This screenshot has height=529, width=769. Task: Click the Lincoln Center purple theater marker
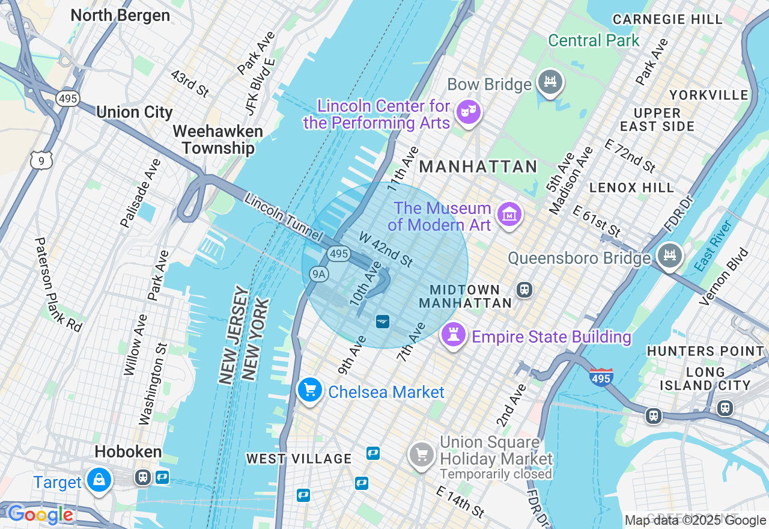pyautogui.click(x=468, y=112)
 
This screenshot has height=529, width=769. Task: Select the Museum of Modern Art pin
pyautogui.click(x=509, y=214)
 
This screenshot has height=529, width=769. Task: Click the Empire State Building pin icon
pyautogui.click(x=454, y=335)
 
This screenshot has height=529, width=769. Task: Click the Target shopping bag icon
pyautogui.click(x=99, y=480)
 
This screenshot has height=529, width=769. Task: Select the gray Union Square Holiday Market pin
pyautogui.click(x=422, y=454)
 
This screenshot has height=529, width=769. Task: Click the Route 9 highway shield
pyautogui.click(x=41, y=160)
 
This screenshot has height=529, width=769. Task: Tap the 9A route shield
pyautogui.click(x=319, y=274)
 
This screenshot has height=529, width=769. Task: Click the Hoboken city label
pyautogui.click(x=128, y=452)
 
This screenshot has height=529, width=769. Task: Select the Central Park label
pyautogui.click(x=594, y=41)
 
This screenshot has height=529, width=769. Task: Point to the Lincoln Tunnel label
pyautogui.click(x=284, y=218)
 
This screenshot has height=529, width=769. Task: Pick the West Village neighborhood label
pyautogui.click(x=299, y=459)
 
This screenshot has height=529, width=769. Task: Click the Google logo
pyautogui.click(x=40, y=515)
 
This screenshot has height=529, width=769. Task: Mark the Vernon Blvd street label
pyautogui.click(x=725, y=276)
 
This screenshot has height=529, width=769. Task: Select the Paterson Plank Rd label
pyautogui.click(x=58, y=284)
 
